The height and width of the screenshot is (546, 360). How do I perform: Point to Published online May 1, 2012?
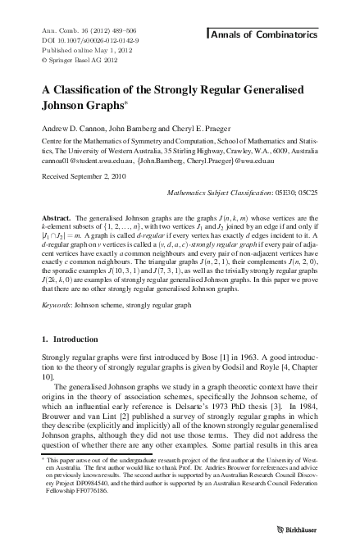click(x=77, y=48)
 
